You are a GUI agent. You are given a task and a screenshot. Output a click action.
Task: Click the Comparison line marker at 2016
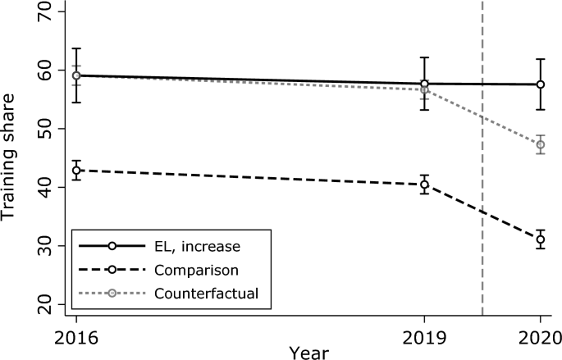click(x=76, y=171)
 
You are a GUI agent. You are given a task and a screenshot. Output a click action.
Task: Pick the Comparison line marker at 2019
click(x=424, y=185)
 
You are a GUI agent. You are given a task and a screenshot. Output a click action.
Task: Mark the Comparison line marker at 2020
click(x=540, y=239)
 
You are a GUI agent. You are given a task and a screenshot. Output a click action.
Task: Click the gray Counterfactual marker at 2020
click(x=540, y=144)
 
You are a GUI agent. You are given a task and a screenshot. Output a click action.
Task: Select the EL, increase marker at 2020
click(x=540, y=84)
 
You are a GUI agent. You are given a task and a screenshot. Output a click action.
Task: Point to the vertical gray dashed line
click(x=482, y=205)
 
